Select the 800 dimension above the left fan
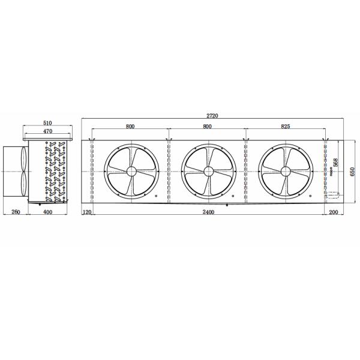click(130, 127)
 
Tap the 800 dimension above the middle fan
click(208, 127)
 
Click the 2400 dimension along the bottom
click(208, 213)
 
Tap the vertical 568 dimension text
click(336, 163)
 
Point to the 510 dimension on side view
click(47, 122)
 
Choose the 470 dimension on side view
click(47, 130)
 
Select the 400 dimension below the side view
click(47, 213)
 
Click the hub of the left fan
click(131, 171)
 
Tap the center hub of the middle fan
click(208, 171)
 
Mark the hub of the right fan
click(284, 171)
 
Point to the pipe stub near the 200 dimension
click(332, 195)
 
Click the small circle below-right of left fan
click(156, 196)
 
